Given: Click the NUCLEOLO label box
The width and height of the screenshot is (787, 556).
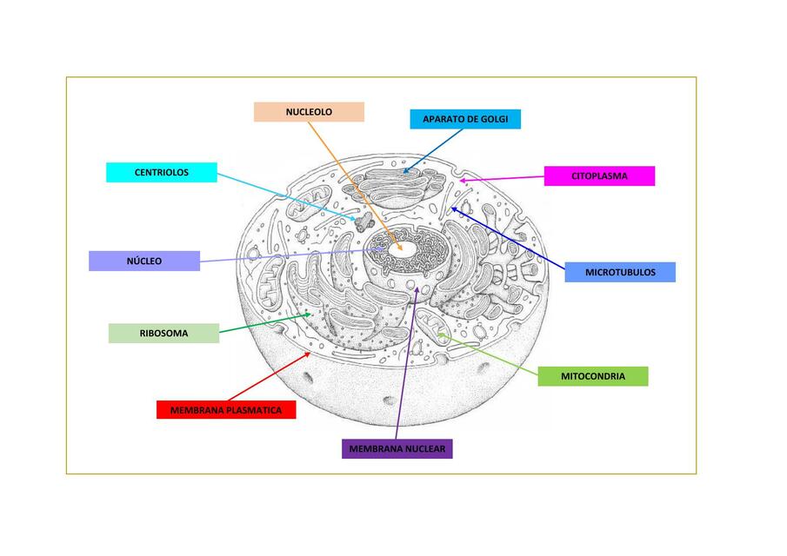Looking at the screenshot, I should click(x=309, y=112).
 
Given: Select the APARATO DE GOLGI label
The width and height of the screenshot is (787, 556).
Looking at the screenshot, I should click(x=465, y=119).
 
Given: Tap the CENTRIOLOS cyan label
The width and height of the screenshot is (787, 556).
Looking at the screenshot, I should click(x=161, y=173).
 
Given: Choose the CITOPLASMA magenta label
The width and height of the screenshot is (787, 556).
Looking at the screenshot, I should click(x=599, y=176).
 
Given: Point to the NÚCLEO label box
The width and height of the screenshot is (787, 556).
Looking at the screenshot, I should click(x=144, y=261).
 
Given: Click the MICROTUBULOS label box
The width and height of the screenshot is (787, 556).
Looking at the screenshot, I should click(x=619, y=273).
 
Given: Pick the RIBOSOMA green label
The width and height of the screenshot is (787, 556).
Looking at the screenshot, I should click(x=163, y=333).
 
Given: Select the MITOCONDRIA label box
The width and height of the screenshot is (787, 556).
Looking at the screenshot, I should click(x=592, y=377).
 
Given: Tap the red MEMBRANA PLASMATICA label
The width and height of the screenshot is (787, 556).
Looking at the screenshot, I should click(x=226, y=410).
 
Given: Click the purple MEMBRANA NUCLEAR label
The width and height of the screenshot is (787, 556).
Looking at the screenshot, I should click(x=397, y=449).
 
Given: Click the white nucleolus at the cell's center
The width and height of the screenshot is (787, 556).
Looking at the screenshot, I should click(x=407, y=246).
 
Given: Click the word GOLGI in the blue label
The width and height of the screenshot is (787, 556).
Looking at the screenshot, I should click(x=492, y=119).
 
